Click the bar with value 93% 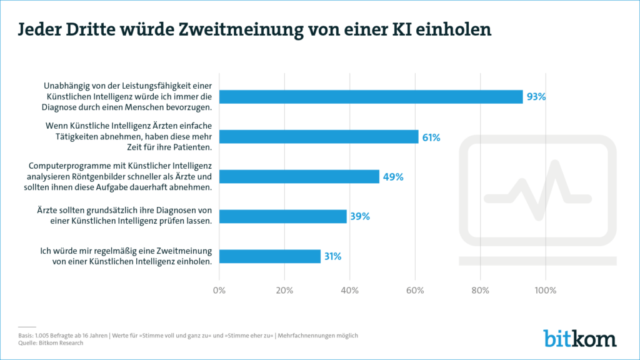(371, 97)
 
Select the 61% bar (319, 137)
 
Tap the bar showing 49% (299, 177)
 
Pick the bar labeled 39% (282, 216)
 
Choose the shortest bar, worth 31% (269, 256)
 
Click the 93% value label (536, 97)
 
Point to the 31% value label (332, 256)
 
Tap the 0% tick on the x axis (219, 290)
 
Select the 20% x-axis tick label (284, 290)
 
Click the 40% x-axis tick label (349, 290)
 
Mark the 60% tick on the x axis (415, 290)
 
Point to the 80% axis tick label (480, 290)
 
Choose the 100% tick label (546, 290)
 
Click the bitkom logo (579, 337)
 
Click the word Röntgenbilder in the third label (124, 177)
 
